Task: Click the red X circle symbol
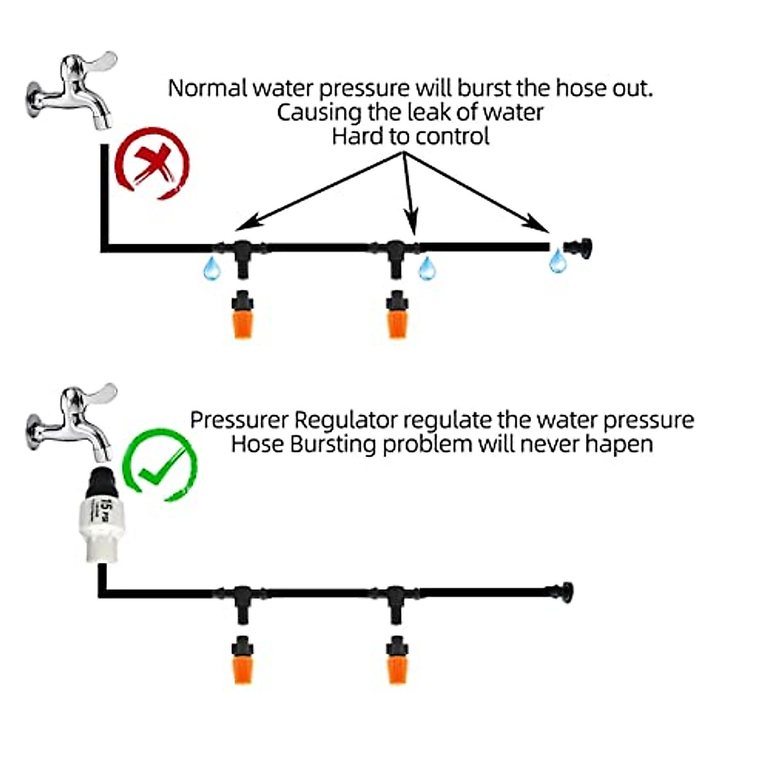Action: [x=152, y=163]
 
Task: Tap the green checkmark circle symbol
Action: [x=159, y=466]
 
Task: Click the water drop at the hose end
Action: [x=557, y=261]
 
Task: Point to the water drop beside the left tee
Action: [x=211, y=268]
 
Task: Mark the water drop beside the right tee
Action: [x=427, y=268]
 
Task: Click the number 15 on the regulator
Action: [x=100, y=510]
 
